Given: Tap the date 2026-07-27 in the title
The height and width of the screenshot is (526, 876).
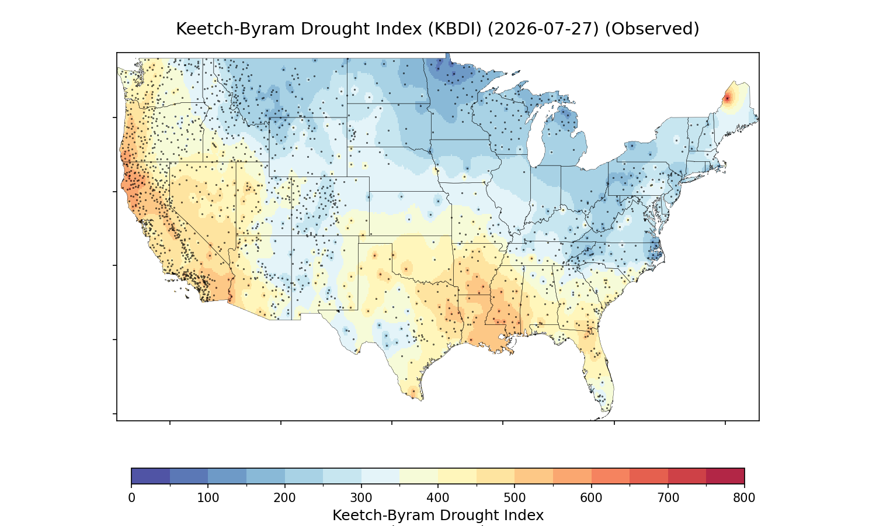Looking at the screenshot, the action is pyautogui.click(x=543, y=29).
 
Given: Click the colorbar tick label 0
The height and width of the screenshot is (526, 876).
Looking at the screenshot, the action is pyautogui.click(x=131, y=498).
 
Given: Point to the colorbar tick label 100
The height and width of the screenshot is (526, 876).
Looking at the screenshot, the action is pyautogui.click(x=208, y=498).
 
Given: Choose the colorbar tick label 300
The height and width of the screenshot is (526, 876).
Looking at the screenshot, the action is pyautogui.click(x=361, y=498).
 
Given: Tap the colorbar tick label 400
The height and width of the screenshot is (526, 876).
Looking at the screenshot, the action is pyautogui.click(x=438, y=498).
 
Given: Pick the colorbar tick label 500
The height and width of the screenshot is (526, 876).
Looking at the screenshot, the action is pyautogui.click(x=515, y=498).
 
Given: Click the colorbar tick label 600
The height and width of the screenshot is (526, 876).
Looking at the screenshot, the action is pyautogui.click(x=591, y=498).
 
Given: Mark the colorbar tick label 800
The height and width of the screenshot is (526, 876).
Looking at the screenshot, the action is pyautogui.click(x=744, y=498).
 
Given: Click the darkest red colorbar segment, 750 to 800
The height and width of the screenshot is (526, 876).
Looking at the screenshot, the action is pyautogui.click(x=725, y=476).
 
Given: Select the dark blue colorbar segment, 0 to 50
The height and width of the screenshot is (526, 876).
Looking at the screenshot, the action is pyautogui.click(x=151, y=476).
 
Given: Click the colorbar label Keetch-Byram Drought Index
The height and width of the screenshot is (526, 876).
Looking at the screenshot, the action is pyautogui.click(x=438, y=515).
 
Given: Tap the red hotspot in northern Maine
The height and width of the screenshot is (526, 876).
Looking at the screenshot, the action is pyautogui.click(x=728, y=98).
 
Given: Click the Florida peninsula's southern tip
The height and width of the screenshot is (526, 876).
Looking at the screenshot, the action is pyautogui.click(x=605, y=411).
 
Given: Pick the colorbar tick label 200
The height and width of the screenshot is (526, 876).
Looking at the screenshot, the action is pyautogui.click(x=285, y=498).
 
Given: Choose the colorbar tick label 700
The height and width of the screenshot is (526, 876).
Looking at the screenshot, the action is pyautogui.click(x=668, y=498).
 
